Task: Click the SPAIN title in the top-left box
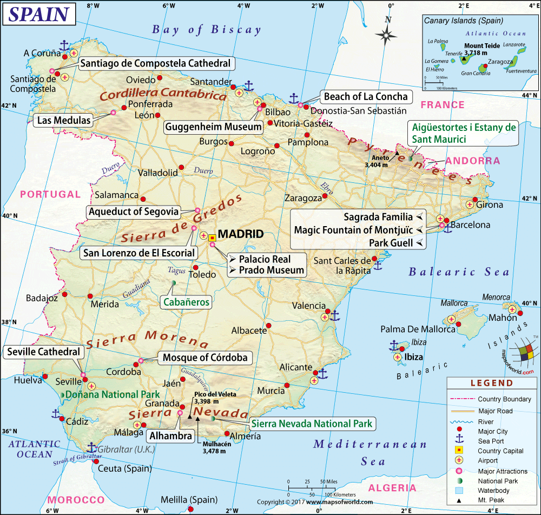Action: tap(39, 15)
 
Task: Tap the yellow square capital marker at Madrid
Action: tap(212, 237)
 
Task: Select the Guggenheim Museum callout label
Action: tap(214, 127)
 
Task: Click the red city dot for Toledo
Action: tap(196, 267)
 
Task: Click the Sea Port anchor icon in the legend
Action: tap(459, 441)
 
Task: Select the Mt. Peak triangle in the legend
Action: tap(459, 500)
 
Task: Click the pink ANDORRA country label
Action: tap(473, 161)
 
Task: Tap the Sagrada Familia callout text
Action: tap(378, 217)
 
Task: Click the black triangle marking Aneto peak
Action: tap(397, 153)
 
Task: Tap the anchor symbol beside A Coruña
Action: tap(64, 45)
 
